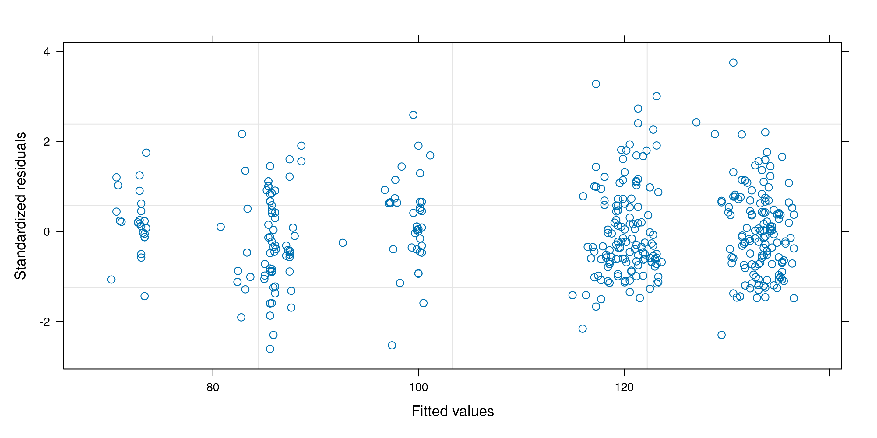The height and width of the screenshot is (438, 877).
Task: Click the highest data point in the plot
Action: point(733,63)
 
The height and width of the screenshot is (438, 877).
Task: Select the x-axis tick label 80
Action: point(213,387)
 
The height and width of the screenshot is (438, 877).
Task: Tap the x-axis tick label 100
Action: point(418,387)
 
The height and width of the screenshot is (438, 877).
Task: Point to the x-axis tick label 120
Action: point(624,387)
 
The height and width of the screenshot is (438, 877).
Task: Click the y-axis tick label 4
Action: point(47,52)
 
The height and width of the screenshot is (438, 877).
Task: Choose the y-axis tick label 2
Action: point(47,141)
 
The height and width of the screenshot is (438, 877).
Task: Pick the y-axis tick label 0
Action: point(47,231)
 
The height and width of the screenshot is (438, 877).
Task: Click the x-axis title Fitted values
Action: point(453,412)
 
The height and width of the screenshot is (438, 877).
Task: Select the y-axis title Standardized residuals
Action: point(20,206)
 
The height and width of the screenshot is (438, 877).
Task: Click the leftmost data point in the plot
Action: point(111,280)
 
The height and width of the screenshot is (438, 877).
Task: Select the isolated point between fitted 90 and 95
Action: point(343,243)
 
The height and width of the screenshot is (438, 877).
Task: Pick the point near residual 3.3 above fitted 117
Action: point(596,84)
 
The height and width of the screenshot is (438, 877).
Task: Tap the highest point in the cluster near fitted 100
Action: point(413,115)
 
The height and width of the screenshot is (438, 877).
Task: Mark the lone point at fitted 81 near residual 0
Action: point(220,227)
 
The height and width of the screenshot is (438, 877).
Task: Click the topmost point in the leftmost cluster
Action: point(146,153)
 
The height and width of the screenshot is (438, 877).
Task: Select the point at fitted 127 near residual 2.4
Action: point(696,122)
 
